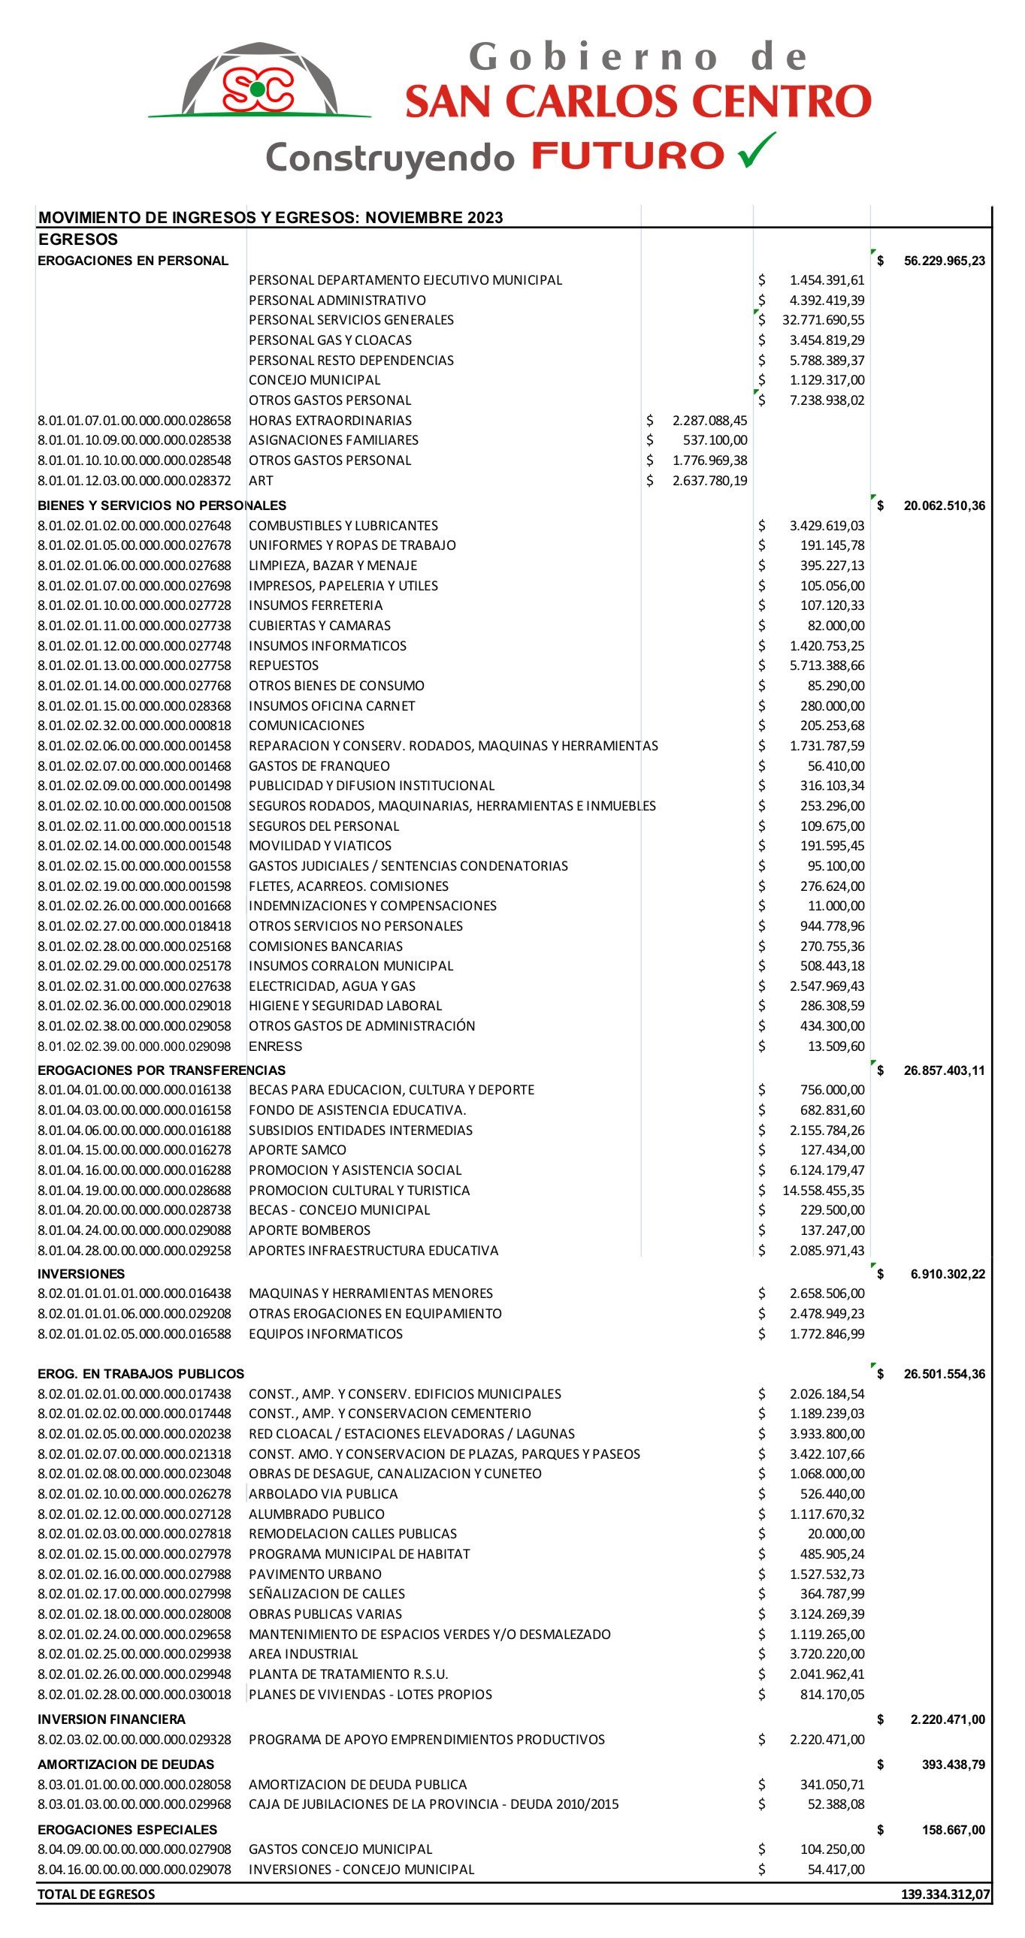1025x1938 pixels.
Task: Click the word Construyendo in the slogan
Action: [390, 158]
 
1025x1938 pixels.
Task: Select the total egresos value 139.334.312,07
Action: [945, 1894]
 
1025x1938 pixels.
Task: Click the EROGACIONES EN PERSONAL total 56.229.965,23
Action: [944, 261]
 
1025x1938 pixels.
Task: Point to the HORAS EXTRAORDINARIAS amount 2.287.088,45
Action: [709, 421]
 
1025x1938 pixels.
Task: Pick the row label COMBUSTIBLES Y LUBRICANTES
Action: [343, 526]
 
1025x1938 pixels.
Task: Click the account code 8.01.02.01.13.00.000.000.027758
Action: [135, 666]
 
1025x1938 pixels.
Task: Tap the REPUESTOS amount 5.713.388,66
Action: [827, 666]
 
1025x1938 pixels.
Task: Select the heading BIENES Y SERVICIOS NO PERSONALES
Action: [162, 506]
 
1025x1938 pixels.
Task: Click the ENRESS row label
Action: [276, 1046]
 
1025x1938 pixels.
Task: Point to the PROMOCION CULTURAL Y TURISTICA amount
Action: [823, 1190]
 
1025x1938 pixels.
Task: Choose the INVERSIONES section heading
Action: [81, 1274]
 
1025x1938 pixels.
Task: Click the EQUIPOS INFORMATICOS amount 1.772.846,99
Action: [827, 1334]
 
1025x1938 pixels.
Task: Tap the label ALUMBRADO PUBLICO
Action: [316, 1514]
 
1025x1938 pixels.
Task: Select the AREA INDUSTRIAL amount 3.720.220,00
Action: [827, 1653]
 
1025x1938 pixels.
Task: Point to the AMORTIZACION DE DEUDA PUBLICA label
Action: [358, 1785]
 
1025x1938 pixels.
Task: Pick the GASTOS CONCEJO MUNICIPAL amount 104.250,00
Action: [832, 1849]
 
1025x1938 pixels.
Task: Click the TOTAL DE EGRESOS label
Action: [96, 1894]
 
